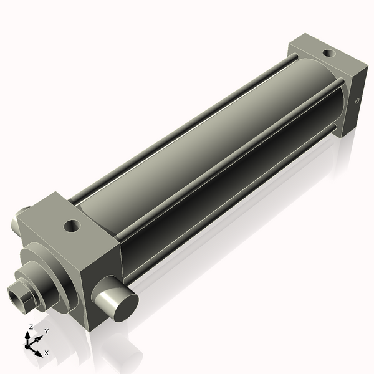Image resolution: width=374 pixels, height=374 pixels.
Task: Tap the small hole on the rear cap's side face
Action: tap(357, 100)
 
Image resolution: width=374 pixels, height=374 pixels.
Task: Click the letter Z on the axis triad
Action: tap(31, 327)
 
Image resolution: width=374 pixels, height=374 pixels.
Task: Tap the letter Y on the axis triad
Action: tap(46, 331)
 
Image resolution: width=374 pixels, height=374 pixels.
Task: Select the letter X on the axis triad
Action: tap(47, 353)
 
